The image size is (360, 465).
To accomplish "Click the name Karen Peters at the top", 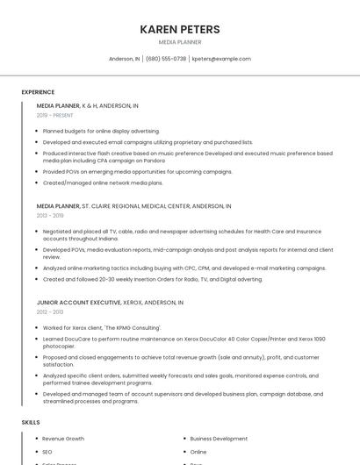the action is [x=180, y=29].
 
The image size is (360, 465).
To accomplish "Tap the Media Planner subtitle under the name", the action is [x=180, y=42].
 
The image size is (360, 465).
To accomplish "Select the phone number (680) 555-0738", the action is [x=165, y=59].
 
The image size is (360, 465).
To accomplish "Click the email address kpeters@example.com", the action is [x=221, y=59].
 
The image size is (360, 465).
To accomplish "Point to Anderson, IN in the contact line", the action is [x=124, y=59].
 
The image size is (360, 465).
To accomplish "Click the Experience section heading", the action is [x=38, y=92].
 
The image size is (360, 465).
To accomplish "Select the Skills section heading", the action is [x=31, y=423].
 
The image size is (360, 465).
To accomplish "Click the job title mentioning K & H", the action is [x=87, y=105].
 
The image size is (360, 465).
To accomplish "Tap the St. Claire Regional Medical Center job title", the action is [x=133, y=206].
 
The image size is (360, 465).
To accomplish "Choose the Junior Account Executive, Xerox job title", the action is [x=110, y=302].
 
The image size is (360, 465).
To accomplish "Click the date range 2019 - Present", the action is [x=54, y=115].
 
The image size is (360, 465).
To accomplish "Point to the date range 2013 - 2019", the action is [x=50, y=215].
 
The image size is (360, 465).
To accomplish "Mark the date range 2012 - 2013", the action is [x=50, y=311].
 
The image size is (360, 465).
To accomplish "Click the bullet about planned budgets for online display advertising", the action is [x=101, y=131].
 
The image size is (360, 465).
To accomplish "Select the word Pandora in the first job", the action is [x=154, y=161].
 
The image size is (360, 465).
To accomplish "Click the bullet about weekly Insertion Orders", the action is [x=152, y=280].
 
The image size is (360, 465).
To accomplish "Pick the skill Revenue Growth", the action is [x=63, y=439].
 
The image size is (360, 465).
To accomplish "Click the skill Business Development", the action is [x=219, y=439].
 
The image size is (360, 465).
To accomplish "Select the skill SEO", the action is [x=47, y=452].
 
